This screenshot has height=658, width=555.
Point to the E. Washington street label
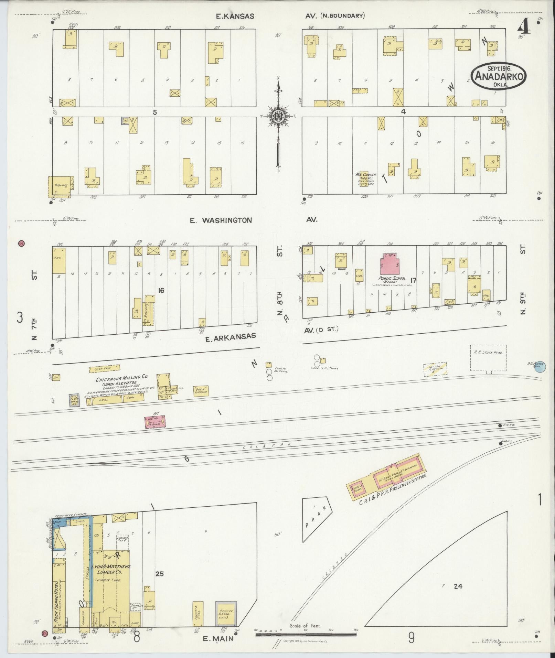[x=221, y=220]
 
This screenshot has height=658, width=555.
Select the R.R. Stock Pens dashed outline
[x=488, y=358]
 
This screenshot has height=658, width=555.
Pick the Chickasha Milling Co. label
[x=122, y=377]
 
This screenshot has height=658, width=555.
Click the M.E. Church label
[x=365, y=174]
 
